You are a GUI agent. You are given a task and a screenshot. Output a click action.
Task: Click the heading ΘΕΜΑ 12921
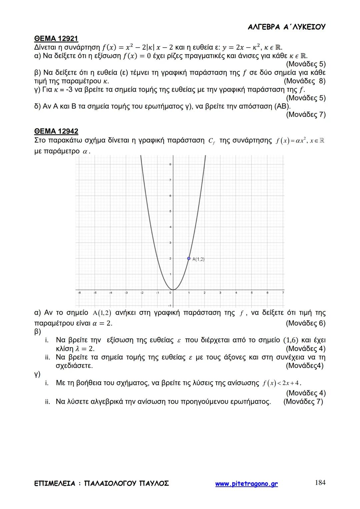click(56, 38)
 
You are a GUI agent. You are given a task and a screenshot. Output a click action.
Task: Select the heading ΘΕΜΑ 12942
click(56, 131)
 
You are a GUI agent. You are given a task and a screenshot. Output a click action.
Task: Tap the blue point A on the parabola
click(189, 258)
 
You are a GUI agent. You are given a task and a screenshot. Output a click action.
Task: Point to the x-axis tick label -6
click(79, 293)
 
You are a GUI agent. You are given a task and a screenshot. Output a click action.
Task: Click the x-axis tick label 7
click(283, 293)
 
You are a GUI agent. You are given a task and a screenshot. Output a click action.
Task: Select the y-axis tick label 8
click(170, 164)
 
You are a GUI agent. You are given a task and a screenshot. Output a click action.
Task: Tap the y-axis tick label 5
click(170, 211)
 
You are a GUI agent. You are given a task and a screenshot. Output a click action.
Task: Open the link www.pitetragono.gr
click(246, 484)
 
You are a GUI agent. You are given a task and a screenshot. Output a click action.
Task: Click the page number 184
click(320, 483)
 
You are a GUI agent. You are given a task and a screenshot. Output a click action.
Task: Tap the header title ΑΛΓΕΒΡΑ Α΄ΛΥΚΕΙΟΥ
click(287, 27)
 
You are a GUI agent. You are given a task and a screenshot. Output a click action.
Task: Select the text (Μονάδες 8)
click(304, 81)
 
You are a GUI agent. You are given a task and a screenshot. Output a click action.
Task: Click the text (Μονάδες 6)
click(305, 323)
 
